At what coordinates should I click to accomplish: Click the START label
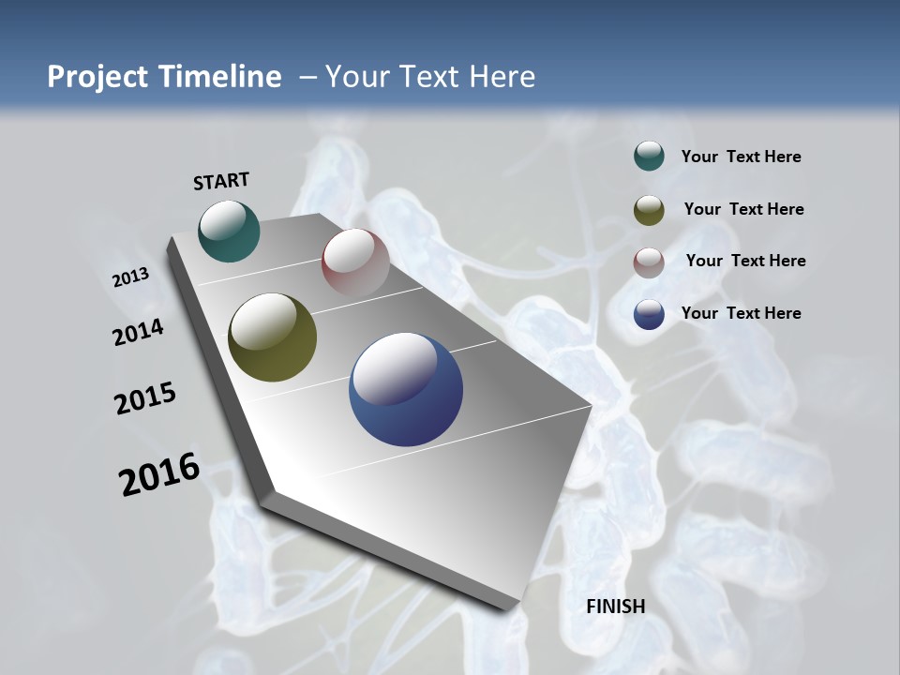(x=221, y=180)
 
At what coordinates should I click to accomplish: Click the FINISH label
(x=615, y=607)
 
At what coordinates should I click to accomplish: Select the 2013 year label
(x=130, y=277)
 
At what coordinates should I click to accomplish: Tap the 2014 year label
(x=138, y=333)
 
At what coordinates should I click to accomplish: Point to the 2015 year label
(x=145, y=398)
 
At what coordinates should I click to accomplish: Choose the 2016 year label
(x=159, y=474)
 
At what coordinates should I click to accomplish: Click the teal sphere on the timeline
(x=229, y=231)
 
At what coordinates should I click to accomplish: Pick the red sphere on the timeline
(x=355, y=262)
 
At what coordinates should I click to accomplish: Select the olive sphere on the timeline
(x=272, y=337)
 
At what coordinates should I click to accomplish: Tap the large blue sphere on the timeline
(x=406, y=389)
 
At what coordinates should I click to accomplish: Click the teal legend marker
(x=649, y=157)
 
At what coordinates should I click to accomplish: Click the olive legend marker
(x=649, y=210)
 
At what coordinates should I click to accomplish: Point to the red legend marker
(x=649, y=262)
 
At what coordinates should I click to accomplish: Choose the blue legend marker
(x=649, y=314)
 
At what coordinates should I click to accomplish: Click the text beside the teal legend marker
(x=741, y=157)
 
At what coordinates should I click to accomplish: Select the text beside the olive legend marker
(x=743, y=209)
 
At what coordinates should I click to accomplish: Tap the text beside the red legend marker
(x=745, y=261)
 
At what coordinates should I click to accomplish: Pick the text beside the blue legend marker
(x=741, y=313)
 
